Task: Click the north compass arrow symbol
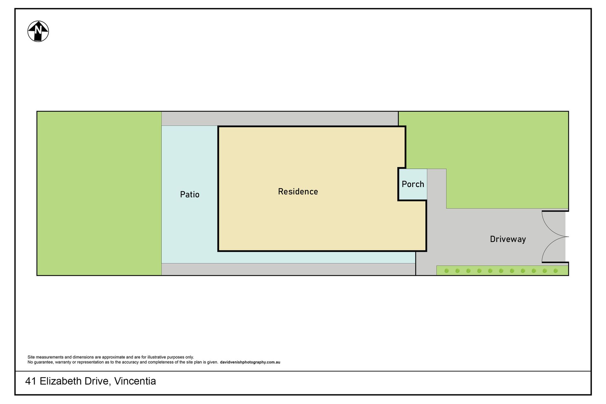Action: click(x=38, y=31)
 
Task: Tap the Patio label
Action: click(x=190, y=194)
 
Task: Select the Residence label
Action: click(x=298, y=191)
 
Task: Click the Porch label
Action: click(x=413, y=184)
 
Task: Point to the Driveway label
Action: click(x=508, y=239)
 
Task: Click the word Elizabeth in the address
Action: click(x=74, y=381)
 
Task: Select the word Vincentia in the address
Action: click(x=135, y=381)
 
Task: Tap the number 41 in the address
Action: click(x=31, y=381)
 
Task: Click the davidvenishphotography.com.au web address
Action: click(x=250, y=362)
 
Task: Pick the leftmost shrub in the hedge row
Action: click(x=447, y=271)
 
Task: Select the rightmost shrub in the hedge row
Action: click(x=556, y=271)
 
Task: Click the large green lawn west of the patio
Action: click(x=99, y=193)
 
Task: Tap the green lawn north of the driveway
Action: click(x=492, y=151)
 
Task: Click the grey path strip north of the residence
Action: click(x=280, y=119)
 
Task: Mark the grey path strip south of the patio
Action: click(x=288, y=269)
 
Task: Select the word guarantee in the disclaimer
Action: click(x=44, y=362)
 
